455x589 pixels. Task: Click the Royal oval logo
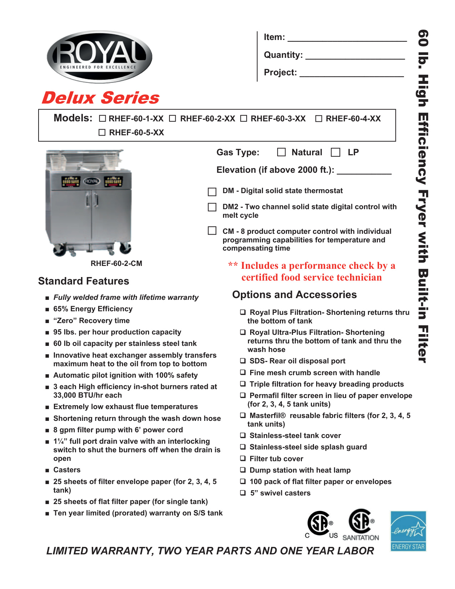(x=100, y=57)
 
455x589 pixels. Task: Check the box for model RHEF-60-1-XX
(x=102, y=119)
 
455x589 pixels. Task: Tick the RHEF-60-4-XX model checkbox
(x=319, y=119)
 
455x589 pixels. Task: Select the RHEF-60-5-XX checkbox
(x=102, y=132)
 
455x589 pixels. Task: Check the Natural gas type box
(x=282, y=152)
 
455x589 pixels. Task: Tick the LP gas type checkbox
(x=335, y=152)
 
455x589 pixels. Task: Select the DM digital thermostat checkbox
(x=212, y=192)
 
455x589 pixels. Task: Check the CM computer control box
(x=212, y=231)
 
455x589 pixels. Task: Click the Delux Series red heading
(x=101, y=98)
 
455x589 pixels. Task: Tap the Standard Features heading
(x=84, y=281)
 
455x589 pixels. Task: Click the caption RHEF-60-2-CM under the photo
(x=116, y=263)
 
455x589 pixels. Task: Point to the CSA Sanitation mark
(x=361, y=525)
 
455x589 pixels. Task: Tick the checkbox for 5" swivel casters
(x=243, y=493)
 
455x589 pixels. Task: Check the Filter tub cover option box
(x=243, y=458)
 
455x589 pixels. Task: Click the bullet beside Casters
(x=47, y=470)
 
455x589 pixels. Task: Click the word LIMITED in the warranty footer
(x=65, y=551)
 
